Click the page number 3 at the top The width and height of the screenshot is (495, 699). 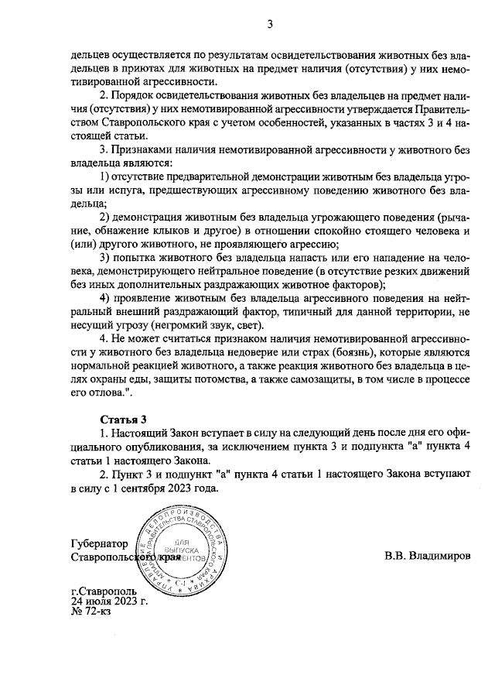pos(271,22)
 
